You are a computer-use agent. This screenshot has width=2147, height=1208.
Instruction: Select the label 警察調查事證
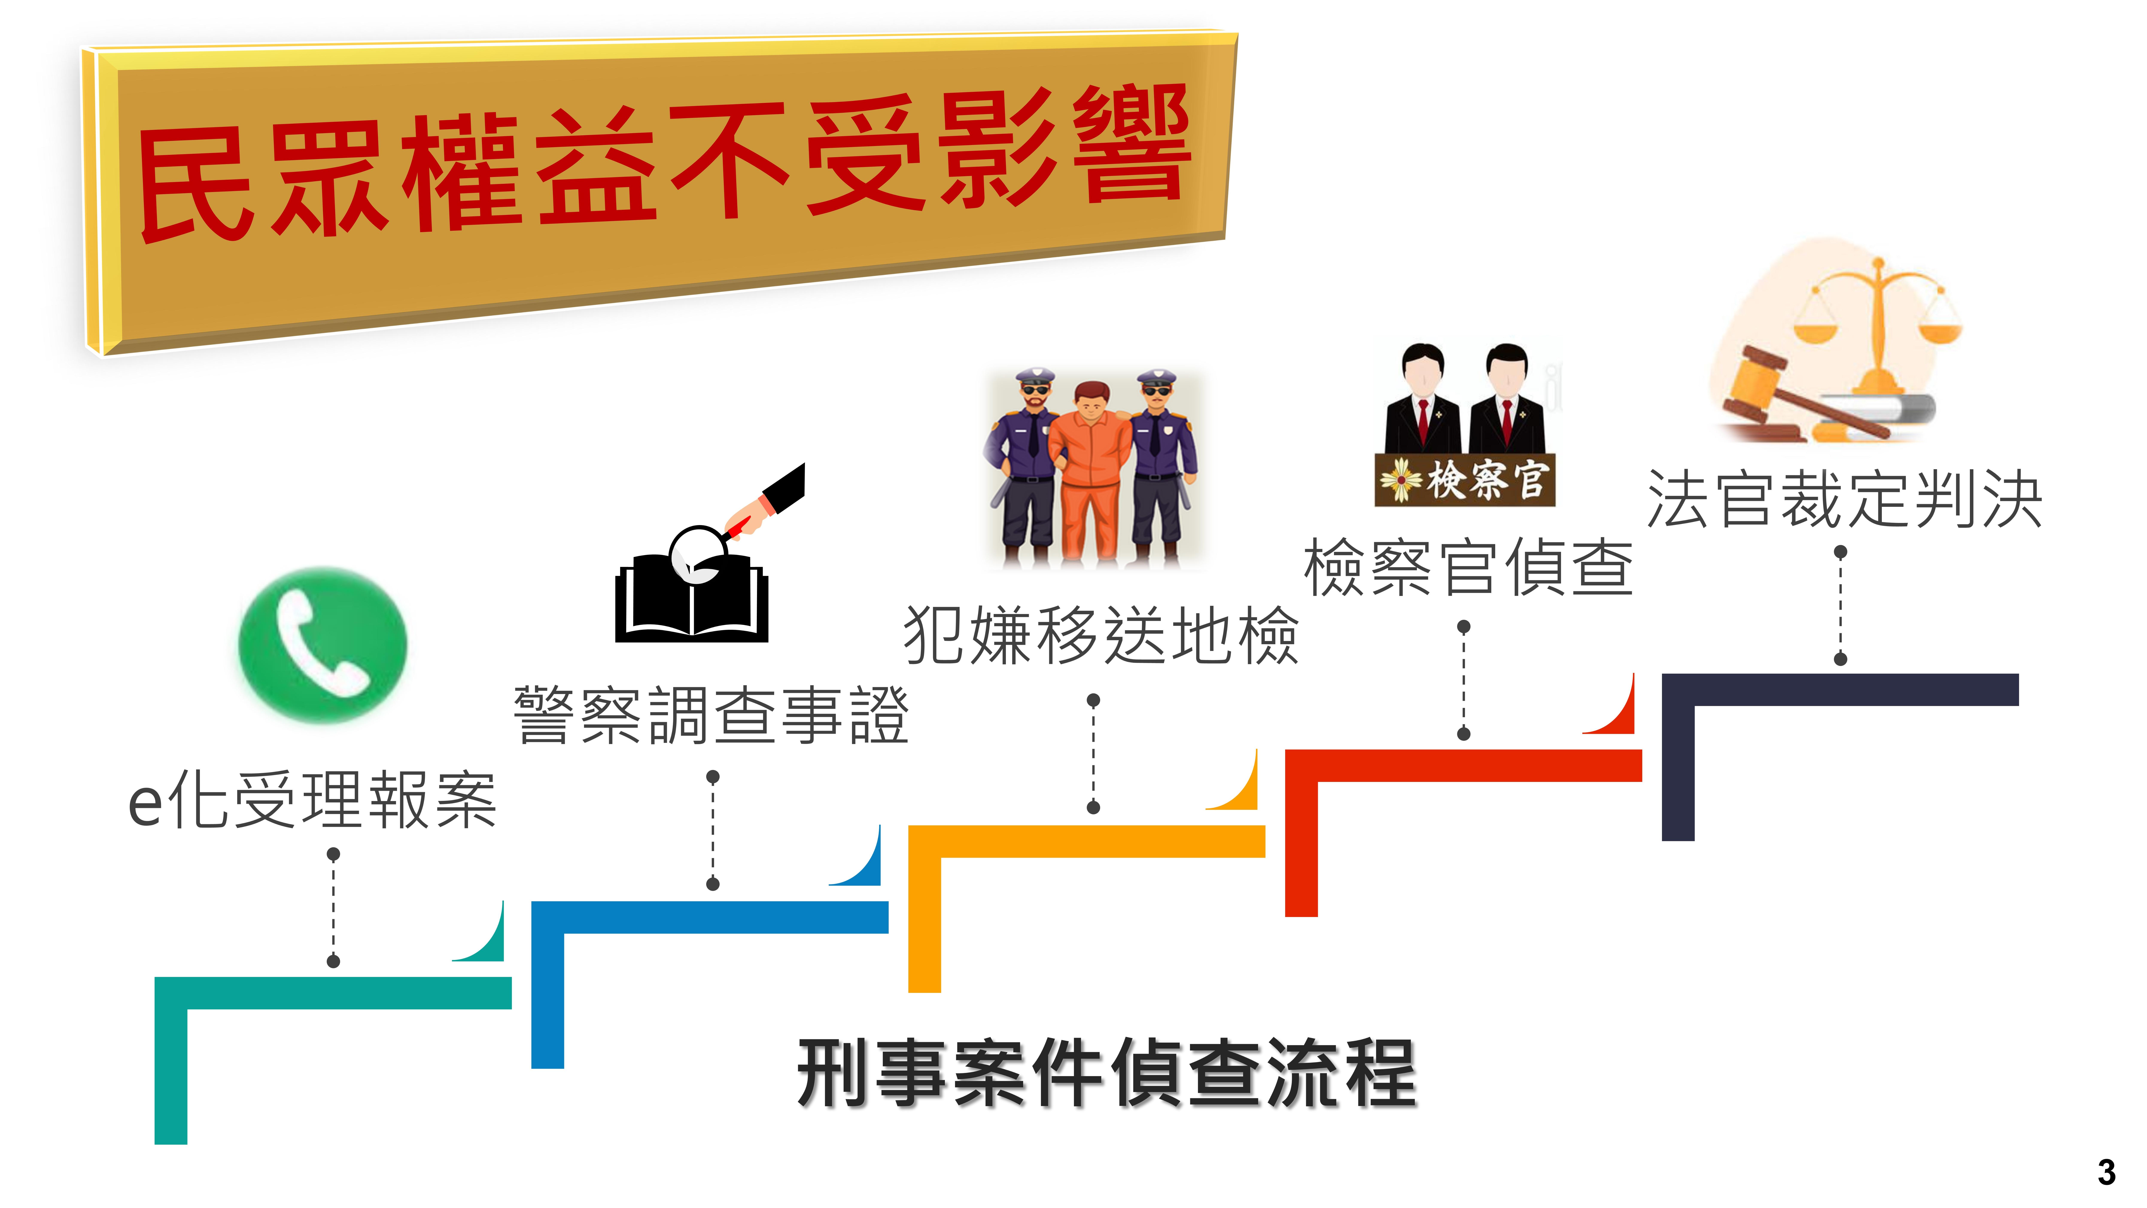(x=711, y=715)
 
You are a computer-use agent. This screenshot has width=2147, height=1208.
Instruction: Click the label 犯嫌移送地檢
(x=1101, y=635)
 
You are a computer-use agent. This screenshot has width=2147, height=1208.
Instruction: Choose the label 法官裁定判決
(x=1844, y=498)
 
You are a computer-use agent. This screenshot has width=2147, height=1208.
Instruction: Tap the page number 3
(x=2106, y=1172)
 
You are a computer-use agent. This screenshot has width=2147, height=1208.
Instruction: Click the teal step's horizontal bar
(x=333, y=993)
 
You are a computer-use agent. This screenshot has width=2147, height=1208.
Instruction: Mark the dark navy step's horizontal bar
(x=1840, y=689)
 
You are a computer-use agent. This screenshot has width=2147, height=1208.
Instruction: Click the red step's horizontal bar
(x=1464, y=765)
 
